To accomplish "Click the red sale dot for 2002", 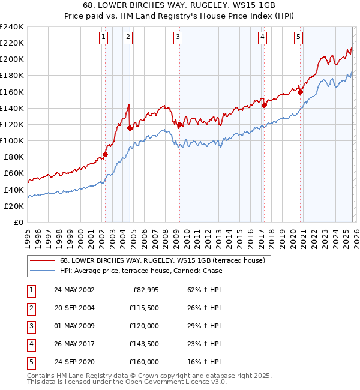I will point(105,154).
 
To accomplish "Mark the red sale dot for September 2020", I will point(300,92).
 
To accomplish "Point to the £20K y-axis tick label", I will point(13,206).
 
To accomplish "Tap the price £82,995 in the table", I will point(145,290).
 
